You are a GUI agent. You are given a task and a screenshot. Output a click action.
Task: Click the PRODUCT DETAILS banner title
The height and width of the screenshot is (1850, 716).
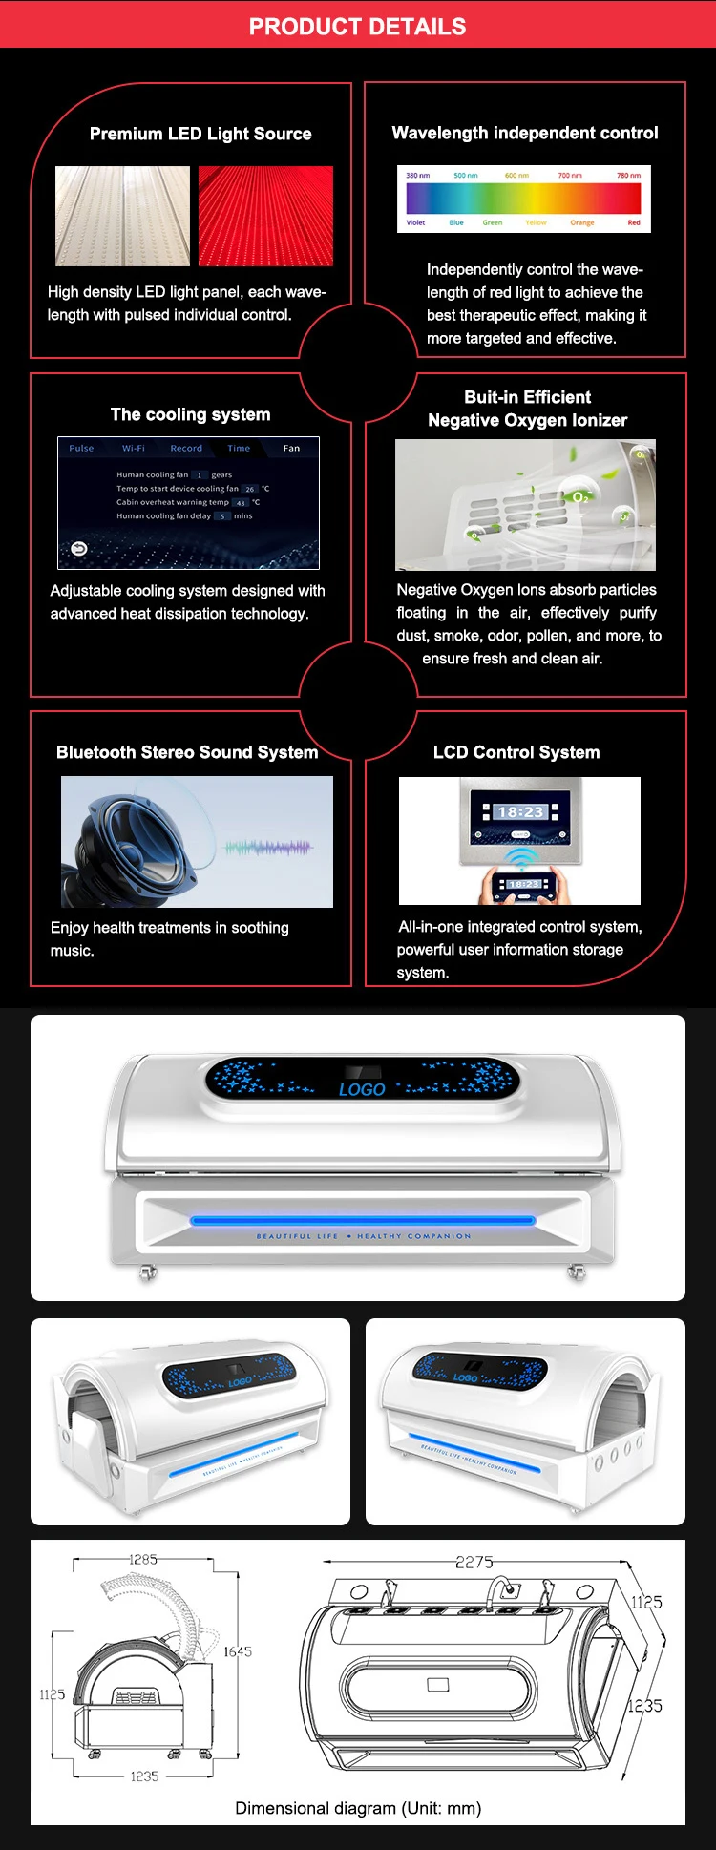click(x=357, y=27)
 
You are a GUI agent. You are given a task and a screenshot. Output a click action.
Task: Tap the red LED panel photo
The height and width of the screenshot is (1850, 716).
click(x=265, y=216)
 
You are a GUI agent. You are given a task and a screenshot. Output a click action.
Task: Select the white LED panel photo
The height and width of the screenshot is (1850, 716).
click(x=121, y=216)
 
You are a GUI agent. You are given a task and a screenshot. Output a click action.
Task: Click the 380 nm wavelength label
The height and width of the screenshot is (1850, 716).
click(x=417, y=176)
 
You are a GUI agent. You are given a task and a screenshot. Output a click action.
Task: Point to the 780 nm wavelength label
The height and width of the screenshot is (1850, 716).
click(x=628, y=176)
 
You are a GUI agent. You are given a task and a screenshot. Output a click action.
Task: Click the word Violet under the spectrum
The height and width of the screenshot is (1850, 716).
click(x=415, y=222)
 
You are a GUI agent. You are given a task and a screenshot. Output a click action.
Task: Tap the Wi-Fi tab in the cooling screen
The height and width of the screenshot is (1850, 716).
click(x=134, y=448)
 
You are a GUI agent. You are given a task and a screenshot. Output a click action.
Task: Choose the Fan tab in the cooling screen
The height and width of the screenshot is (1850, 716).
click(x=291, y=448)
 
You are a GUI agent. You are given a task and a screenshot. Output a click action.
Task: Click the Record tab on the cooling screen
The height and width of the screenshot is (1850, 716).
click(x=186, y=448)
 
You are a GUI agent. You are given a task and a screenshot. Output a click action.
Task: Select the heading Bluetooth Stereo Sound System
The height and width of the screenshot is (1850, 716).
click(x=187, y=752)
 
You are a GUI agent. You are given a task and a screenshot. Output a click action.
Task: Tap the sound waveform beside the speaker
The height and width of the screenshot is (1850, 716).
click(x=268, y=847)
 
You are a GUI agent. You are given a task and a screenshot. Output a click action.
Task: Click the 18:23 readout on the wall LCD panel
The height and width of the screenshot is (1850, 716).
click(x=520, y=812)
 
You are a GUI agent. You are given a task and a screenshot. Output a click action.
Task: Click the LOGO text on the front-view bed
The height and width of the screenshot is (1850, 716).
click(x=362, y=1089)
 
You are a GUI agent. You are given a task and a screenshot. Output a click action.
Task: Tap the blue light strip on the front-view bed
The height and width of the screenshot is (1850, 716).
click(x=363, y=1220)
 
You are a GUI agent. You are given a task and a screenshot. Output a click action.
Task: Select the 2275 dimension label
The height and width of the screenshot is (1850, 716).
click(x=474, y=1562)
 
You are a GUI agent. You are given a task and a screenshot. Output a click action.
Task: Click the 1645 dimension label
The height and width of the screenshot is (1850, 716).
click(x=238, y=1651)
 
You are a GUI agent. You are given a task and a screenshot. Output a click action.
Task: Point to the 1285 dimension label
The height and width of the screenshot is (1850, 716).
click(x=143, y=1559)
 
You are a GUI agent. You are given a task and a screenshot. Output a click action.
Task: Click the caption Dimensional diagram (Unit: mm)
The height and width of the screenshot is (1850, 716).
click(x=358, y=1808)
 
